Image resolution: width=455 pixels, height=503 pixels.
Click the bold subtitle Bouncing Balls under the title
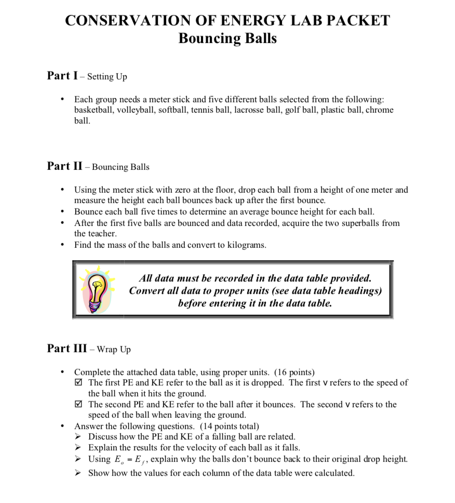coord(228,39)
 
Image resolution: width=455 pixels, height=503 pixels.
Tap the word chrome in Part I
coord(380,110)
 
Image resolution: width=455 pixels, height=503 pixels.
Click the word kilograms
coord(246,245)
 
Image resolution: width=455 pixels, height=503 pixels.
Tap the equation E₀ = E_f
coord(129,459)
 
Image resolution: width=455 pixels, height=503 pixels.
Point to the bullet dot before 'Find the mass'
coord(63,245)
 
